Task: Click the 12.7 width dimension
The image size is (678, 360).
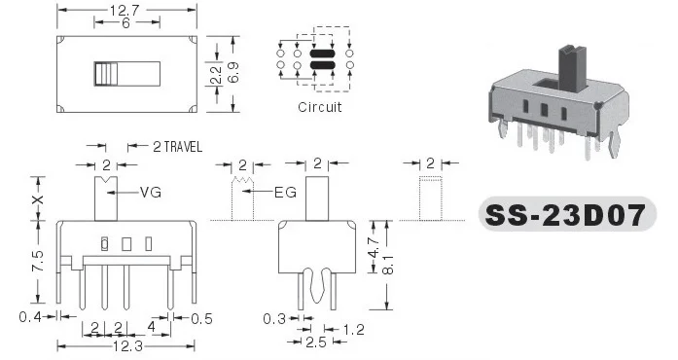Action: (125, 10)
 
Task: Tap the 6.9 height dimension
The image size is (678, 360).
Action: (232, 72)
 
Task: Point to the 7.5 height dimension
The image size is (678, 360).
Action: (38, 261)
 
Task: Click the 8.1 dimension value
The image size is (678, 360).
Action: (387, 265)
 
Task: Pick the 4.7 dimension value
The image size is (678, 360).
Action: (375, 248)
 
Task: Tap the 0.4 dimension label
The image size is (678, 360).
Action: (30, 317)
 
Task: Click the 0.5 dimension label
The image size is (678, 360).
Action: (201, 319)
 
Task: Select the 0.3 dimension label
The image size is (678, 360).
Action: (274, 319)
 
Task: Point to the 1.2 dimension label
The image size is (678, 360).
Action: (354, 330)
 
